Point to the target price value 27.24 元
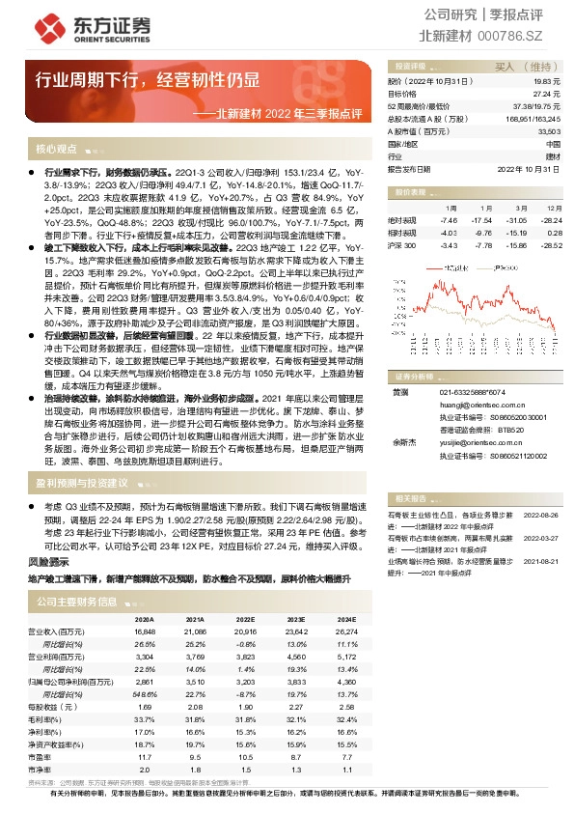547,94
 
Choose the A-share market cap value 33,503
548,130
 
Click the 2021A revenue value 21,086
194,631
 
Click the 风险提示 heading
49,561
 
